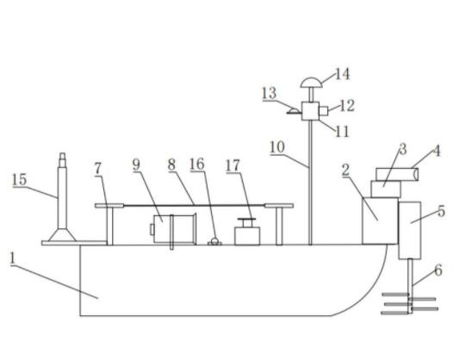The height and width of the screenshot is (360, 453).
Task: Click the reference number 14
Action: pyautogui.click(x=343, y=74)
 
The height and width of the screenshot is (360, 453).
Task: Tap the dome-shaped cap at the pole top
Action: pyautogui.click(x=311, y=83)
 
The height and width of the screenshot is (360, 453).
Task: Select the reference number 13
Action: pyautogui.click(x=270, y=93)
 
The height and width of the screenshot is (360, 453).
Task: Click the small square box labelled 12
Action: pyautogui.click(x=323, y=111)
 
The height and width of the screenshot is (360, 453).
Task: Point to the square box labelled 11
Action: pyautogui.click(x=310, y=111)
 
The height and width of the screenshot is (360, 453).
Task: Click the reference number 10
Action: pyautogui.click(x=277, y=147)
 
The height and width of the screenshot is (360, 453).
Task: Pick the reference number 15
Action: pyautogui.click(x=20, y=180)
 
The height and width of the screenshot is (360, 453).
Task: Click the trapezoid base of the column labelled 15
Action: pyautogui.click(x=62, y=235)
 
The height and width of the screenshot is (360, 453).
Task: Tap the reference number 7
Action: pyautogui.click(x=98, y=169)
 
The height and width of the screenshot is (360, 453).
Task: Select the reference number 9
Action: pyautogui.click(x=136, y=164)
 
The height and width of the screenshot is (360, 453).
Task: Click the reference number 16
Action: pyautogui.click(x=197, y=164)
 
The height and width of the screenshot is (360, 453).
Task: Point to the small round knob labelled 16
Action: pyautogui.click(x=214, y=241)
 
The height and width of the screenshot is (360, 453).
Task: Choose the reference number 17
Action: pyautogui.click(x=233, y=165)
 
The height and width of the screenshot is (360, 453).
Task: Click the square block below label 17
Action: pyautogui.click(x=247, y=236)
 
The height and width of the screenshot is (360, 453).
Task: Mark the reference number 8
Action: pyautogui.click(x=171, y=164)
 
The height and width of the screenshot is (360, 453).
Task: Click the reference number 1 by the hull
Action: pyautogui.click(x=12, y=258)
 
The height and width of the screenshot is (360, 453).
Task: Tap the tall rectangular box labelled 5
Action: pyautogui.click(x=410, y=230)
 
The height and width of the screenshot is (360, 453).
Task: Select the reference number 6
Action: pyautogui.click(x=438, y=270)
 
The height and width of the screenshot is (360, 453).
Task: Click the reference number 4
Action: pyautogui.click(x=437, y=151)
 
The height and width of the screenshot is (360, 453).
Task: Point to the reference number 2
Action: pyautogui.click(x=346, y=170)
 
